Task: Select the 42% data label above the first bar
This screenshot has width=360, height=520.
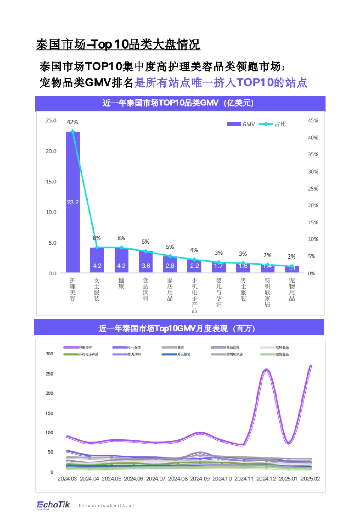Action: tap(72, 122)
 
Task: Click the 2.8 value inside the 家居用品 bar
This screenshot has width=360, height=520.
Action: tap(170, 266)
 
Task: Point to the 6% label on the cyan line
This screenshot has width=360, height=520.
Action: tap(145, 242)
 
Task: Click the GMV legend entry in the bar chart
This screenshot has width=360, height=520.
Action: tap(241, 124)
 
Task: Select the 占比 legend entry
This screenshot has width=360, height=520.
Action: tap(273, 124)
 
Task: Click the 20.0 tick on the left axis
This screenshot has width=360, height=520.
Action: tap(51, 151)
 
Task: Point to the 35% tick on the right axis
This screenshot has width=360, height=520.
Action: tap(313, 154)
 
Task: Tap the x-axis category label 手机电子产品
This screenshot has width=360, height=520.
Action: tap(194, 295)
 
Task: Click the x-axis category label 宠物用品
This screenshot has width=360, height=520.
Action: tap(292, 289)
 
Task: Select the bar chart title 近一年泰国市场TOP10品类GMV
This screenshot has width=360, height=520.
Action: tap(178, 103)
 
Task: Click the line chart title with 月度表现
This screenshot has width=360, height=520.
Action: tap(177, 329)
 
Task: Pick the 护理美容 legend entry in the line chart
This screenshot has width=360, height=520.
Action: tap(78, 347)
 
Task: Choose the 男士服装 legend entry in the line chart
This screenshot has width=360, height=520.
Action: tap(176, 354)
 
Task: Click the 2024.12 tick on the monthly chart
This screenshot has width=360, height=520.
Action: tap(266, 479)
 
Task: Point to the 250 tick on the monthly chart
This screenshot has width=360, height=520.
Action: tap(49, 374)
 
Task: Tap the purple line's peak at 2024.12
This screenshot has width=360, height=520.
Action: tap(266, 370)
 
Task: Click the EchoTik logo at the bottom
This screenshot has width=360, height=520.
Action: tap(53, 505)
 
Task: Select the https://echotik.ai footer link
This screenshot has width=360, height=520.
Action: tap(106, 505)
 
